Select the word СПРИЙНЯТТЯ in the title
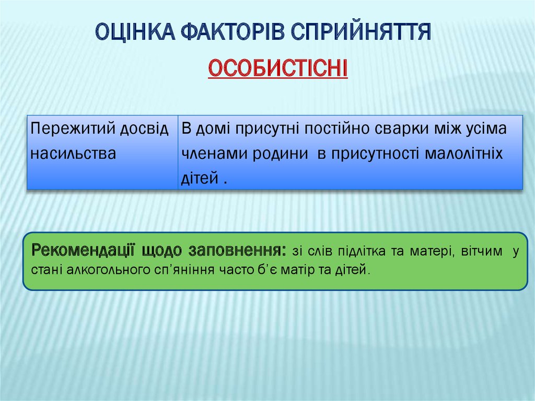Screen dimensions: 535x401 click(x=361, y=32)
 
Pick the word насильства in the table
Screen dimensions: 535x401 click(x=73, y=153)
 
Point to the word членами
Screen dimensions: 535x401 click(x=214, y=153)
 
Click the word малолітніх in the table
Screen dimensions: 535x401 click(x=464, y=153)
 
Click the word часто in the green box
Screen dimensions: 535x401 click(x=237, y=270)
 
